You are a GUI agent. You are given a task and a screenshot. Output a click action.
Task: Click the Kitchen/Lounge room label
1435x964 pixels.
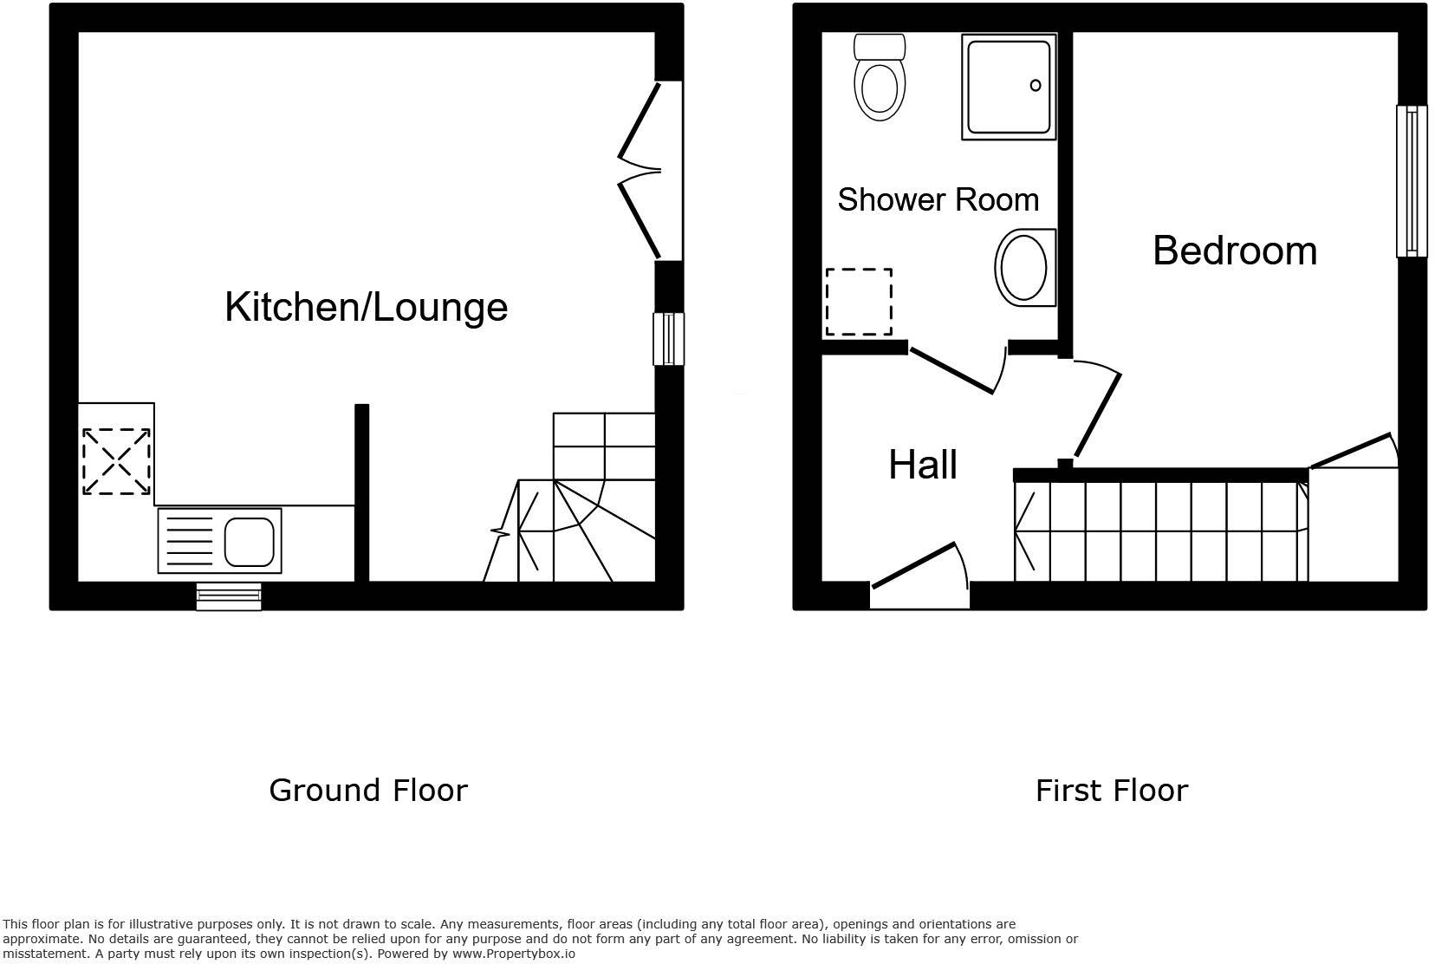click(x=366, y=307)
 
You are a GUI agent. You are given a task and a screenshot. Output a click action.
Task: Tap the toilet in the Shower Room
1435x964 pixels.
click(x=880, y=81)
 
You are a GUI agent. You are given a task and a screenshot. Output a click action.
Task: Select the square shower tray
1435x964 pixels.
click(x=1009, y=87)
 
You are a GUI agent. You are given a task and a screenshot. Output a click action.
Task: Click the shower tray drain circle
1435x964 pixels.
click(x=1036, y=85)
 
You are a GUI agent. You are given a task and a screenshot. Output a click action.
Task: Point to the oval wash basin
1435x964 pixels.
click(x=1024, y=268)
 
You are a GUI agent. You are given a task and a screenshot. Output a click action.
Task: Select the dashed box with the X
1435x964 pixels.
click(x=116, y=462)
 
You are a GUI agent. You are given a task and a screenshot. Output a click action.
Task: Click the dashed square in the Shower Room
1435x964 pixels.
click(x=858, y=302)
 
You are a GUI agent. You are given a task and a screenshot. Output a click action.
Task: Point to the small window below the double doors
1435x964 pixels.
click(x=668, y=339)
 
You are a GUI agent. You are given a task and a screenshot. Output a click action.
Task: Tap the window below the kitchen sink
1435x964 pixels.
click(x=229, y=596)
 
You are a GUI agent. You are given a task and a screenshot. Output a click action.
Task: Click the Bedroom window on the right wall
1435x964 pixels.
click(x=1412, y=181)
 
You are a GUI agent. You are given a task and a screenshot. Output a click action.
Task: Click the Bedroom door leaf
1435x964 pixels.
click(x=1098, y=414)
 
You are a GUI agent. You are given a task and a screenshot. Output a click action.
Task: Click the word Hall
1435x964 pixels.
click(x=923, y=466)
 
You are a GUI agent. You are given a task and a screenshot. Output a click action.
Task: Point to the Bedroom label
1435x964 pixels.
click(x=1234, y=251)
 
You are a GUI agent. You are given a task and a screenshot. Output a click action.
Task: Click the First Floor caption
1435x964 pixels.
click(x=1111, y=791)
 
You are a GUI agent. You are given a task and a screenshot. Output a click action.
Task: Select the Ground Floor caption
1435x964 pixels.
click(x=367, y=791)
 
